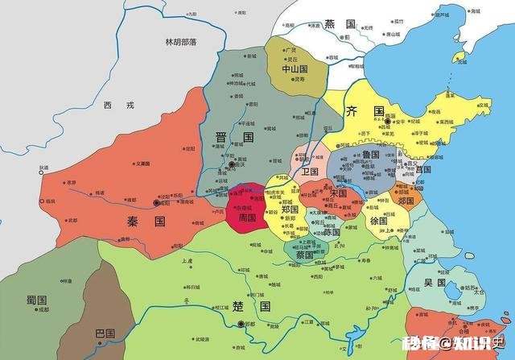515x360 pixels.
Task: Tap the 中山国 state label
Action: pos(290,70)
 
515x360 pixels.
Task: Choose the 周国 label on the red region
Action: pos(246,218)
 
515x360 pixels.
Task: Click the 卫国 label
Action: pos(310,172)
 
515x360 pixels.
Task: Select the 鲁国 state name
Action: pos(371,155)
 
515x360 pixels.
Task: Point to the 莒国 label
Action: pos(422,170)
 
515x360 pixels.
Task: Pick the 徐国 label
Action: pos(378,221)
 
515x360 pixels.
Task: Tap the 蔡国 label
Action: pos(303,254)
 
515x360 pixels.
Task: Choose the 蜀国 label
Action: pos(36,300)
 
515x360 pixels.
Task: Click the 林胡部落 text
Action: pos(181,41)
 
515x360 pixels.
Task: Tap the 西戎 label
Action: pos(114,106)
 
